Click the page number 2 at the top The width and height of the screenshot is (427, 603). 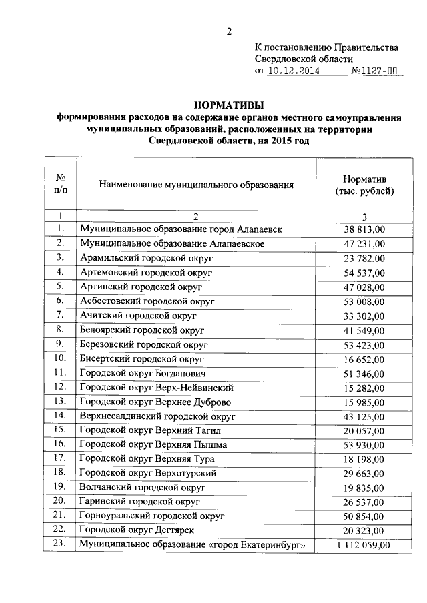229,31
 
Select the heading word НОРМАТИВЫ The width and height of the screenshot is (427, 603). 229,105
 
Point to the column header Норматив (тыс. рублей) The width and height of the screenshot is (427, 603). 364,185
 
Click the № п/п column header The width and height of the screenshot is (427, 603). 60,185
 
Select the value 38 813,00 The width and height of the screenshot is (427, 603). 364,229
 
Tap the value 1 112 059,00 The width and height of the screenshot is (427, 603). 364,546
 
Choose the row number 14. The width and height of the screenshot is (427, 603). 60,416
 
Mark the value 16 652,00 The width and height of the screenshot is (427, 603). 364,359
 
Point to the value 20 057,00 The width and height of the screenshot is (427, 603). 364,431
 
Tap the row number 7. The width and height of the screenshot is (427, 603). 60,316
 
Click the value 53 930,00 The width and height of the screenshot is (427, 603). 364,445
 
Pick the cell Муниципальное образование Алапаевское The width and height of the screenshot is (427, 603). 172,243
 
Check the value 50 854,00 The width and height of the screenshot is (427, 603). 364,517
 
